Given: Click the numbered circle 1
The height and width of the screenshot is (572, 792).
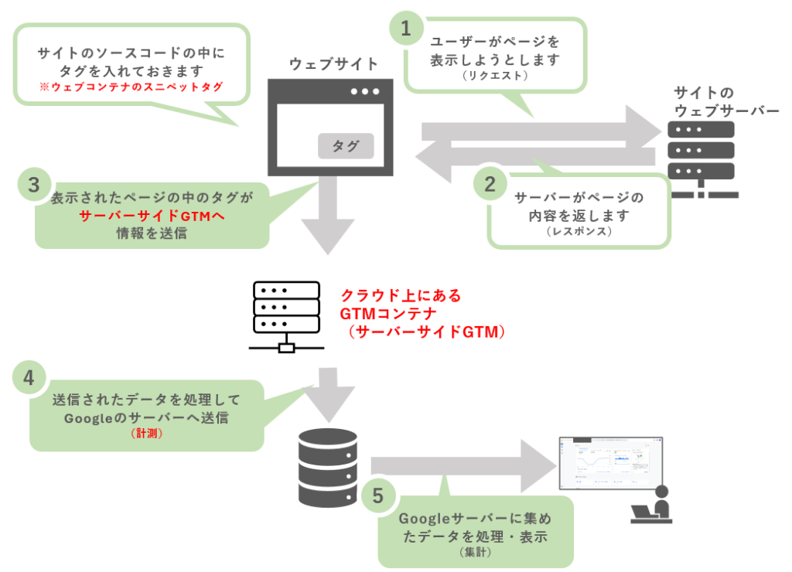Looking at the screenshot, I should click(405, 29).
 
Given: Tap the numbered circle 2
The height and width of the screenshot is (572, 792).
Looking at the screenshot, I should click(490, 184).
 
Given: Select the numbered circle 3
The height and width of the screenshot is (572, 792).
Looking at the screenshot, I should click(33, 185).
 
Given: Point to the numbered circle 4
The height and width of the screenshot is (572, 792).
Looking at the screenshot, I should click(29, 379).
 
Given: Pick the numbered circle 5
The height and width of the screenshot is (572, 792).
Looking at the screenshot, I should click(377, 495).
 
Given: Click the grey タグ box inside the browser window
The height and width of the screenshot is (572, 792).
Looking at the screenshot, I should click(346, 146).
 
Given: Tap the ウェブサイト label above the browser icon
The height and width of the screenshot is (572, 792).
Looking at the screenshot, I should click(333, 64).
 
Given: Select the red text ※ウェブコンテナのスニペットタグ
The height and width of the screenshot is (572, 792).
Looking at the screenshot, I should click(131, 87).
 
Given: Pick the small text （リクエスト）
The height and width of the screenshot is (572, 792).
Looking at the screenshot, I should click(494, 77).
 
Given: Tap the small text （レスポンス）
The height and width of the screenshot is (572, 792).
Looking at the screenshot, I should click(579, 232).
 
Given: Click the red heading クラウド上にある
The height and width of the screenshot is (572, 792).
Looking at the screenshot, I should click(401, 296).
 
